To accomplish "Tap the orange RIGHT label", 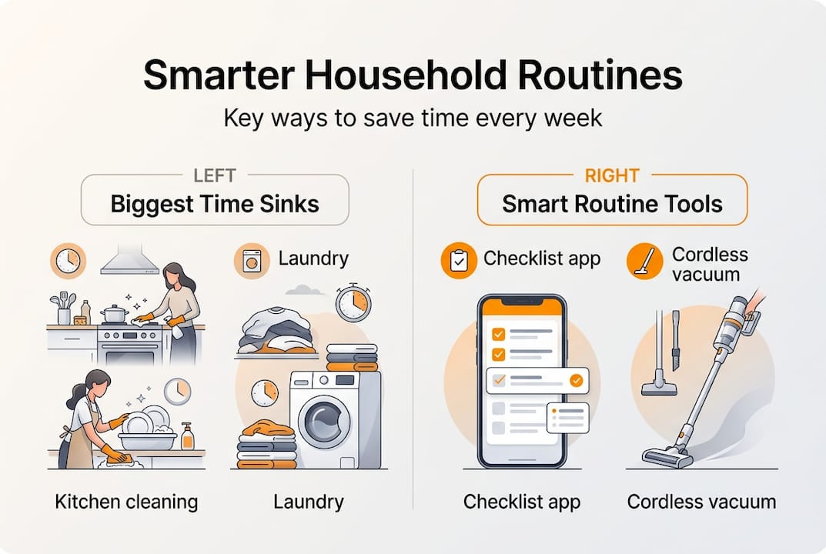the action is click(x=612, y=175).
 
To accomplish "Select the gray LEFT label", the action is click(x=215, y=175).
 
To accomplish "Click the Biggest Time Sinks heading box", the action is click(x=215, y=200).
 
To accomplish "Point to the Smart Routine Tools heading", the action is click(x=612, y=204).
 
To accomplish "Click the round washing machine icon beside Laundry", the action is click(x=252, y=261).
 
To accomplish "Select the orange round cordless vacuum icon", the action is click(x=645, y=261).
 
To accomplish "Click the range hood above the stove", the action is click(x=130, y=259).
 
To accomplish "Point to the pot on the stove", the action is click(x=114, y=314).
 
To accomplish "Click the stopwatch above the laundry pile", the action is click(x=353, y=303).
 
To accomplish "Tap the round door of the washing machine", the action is click(x=325, y=422).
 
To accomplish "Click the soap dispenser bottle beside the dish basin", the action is click(x=187, y=436).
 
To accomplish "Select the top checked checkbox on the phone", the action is click(x=498, y=334).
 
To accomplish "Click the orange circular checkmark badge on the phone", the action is click(x=577, y=380).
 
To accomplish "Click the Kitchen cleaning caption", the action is click(x=126, y=502).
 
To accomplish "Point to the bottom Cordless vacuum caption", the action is click(x=702, y=502).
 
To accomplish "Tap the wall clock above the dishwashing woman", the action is click(x=178, y=392).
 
